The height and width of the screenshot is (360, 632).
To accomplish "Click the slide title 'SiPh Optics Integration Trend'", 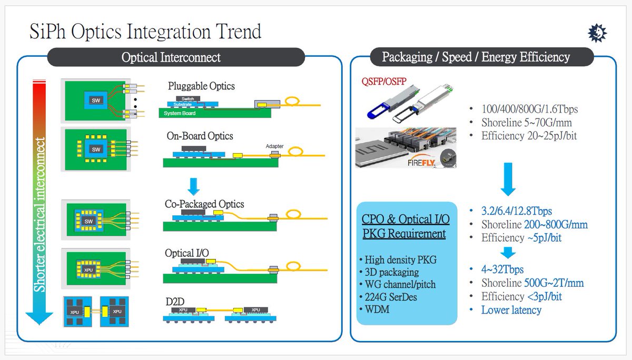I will pos(145,32).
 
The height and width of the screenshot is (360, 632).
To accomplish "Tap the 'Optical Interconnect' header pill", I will pos(171,57).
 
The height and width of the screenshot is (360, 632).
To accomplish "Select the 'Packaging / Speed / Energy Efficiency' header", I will pos(476,57).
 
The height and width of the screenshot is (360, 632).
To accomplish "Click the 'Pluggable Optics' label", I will pos(201,86).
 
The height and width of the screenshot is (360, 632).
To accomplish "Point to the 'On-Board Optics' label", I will pos(200,136).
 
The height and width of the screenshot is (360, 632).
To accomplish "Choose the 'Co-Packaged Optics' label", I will pos(204,204).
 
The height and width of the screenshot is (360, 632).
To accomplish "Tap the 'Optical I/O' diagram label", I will pos(186,253).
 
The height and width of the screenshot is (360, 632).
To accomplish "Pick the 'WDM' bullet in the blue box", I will pos(377,309).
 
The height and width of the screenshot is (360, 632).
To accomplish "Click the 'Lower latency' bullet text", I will pos(511,309).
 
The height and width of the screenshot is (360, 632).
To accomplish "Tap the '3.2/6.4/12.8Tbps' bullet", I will pos(516,211).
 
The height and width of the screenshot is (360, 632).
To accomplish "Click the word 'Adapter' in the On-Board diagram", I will pos(274,147).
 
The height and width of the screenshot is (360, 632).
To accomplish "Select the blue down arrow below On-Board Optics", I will pos(194,185).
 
